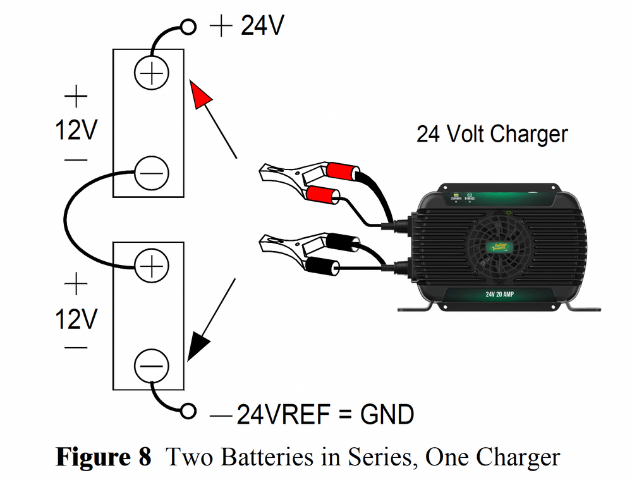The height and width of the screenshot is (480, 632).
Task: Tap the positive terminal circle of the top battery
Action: (x=152, y=74)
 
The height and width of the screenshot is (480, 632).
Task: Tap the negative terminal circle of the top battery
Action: (x=152, y=172)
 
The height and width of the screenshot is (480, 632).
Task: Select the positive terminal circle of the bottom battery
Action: (x=152, y=268)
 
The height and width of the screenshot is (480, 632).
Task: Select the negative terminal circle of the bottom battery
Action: (x=152, y=366)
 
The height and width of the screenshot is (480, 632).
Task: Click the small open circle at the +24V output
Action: (x=188, y=27)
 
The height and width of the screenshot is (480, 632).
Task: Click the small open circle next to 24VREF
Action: (x=188, y=411)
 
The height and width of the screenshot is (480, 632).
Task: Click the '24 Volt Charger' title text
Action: (x=492, y=134)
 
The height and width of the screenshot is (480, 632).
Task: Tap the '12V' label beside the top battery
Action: (x=76, y=131)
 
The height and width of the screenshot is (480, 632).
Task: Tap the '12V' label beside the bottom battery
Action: (x=76, y=319)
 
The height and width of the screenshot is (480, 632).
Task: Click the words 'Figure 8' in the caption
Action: (x=104, y=457)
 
